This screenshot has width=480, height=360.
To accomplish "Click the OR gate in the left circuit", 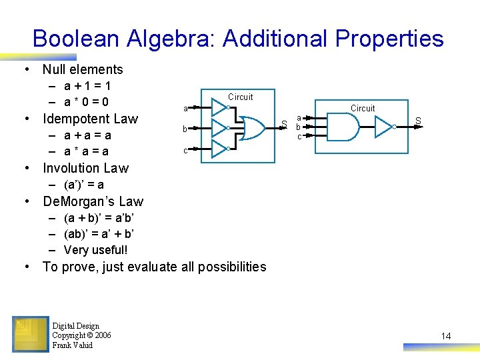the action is pos(249,127).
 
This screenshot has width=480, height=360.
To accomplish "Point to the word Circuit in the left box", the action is pos(240,97).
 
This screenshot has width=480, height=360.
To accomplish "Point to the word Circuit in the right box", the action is pos(363,108).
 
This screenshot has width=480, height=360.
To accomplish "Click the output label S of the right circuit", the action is pos(418,121).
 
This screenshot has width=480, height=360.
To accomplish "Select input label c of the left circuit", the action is pos(185,151).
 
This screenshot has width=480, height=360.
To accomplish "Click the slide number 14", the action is pos(446,336).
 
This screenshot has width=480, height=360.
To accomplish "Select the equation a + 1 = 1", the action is pos(87,86).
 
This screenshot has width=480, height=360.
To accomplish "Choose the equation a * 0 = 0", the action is pos(87,102).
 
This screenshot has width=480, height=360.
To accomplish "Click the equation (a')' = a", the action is pos(84,185).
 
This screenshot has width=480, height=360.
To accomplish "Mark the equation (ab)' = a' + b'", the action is pos(99,234).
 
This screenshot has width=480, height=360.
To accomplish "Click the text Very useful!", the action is pos(95,250).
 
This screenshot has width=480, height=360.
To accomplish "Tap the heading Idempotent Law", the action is pos(90,119).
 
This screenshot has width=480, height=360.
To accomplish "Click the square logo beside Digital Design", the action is pos(30,334).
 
